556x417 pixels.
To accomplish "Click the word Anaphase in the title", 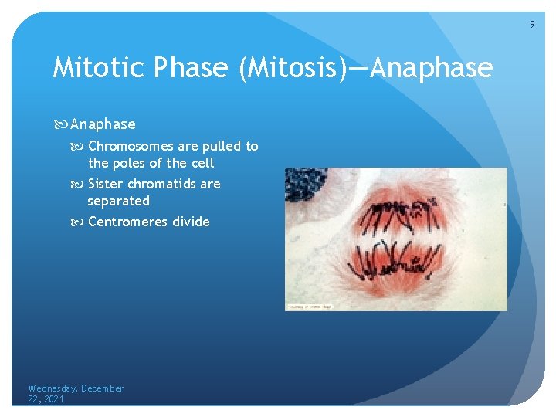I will coord(431,69).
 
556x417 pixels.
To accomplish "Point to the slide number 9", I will coord(531,25).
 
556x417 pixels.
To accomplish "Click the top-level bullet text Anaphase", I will coord(103,124).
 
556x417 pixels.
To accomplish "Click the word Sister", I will coord(106,184).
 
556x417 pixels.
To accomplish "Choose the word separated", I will coord(118,201).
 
